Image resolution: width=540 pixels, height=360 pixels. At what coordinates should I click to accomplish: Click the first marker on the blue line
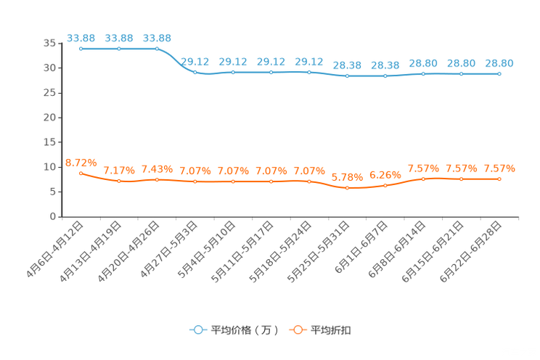pyautogui.click(x=81, y=49)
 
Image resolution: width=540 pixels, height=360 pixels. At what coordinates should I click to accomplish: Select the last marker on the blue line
pyautogui.click(x=499, y=74)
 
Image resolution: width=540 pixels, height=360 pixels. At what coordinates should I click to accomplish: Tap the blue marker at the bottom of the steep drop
pyautogui.click(x=195, y=73)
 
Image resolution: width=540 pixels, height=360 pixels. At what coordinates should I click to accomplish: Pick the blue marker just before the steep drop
pyautogui.click(x=157, y=49)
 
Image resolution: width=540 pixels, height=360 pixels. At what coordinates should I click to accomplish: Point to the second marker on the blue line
pyautogui.click(x=119, y=49)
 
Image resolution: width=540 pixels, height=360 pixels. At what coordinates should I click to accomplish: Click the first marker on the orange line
pyautogui.click(x=81, y=173)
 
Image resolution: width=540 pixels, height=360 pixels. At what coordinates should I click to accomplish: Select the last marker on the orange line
pyautogui.click(x=499, y=179)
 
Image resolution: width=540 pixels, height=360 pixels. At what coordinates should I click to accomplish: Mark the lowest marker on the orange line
pyautogui.click(x=348, y=189)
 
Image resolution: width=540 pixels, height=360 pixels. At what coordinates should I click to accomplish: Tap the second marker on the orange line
pyautogui.click(x=119, y=181)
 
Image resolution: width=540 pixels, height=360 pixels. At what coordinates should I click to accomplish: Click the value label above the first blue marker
pyautogui.click(x=81, y=37)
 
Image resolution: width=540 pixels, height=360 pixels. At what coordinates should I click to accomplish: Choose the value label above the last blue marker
pyautogui.click(x=499, y=63)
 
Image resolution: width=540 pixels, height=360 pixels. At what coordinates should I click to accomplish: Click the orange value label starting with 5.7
pyautogui.click(x=346, y=177)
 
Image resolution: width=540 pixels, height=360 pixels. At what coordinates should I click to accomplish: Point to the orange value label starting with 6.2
pyautogui.click(x=385, y=175)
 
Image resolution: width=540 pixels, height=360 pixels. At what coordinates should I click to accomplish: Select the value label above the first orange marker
pyautogui.click(x=80, y=161)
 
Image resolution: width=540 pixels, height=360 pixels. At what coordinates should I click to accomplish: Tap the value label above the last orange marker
pyautogui.click(x=499, y=168)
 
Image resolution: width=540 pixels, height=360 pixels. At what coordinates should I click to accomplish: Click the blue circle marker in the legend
pyautogui.click(x=198, y=330)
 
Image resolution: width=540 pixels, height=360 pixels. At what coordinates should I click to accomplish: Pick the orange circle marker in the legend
pyautogui.click(x=298, y=330)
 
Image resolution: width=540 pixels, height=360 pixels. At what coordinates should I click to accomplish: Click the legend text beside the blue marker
pyautogui.click(x=244, y=330)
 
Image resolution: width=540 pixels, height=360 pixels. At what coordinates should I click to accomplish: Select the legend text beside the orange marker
pyautogui.click(x=332, y=330)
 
